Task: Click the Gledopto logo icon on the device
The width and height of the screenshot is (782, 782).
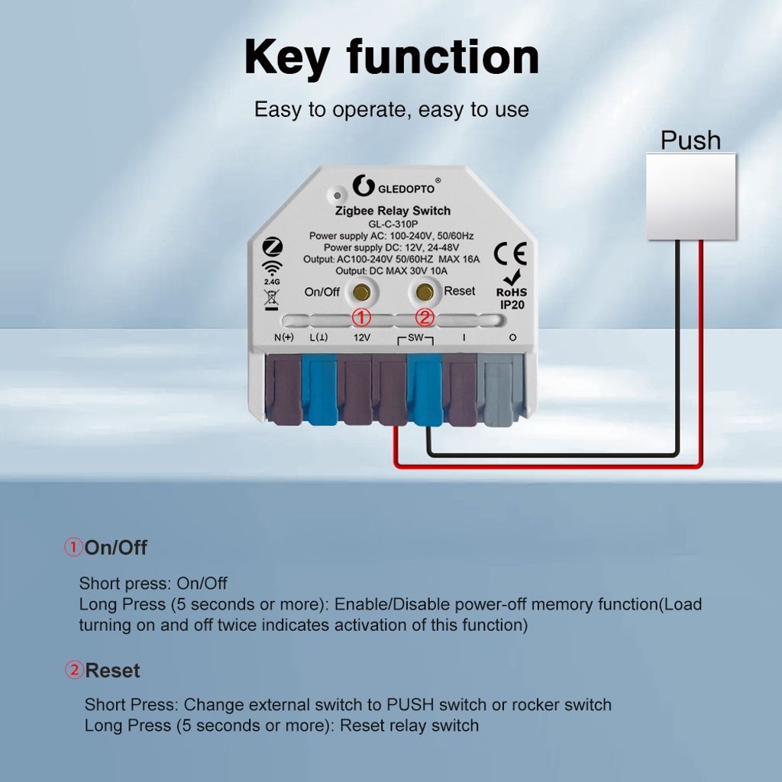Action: point(363,186)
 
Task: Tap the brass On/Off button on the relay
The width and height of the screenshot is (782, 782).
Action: point(361,292)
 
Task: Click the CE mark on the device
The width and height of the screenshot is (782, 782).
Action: point(510,254)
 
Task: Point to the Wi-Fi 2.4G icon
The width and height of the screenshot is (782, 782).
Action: point(272,273)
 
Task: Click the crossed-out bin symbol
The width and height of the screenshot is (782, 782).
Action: point(272,299)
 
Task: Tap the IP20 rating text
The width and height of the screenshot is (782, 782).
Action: point(512,305)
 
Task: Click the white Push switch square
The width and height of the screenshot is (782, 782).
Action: point(690,196)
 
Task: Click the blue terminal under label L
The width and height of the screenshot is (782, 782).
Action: point(319,389)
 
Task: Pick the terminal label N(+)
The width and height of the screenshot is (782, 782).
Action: point(284,338)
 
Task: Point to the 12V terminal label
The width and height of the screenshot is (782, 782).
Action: point(361,338)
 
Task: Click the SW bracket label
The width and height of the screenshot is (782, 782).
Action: point(415,338)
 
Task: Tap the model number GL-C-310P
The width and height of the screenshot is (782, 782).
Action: point(393,224)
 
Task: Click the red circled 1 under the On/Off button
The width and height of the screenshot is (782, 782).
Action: point(361,317)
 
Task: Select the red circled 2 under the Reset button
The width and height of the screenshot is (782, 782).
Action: point(425,317)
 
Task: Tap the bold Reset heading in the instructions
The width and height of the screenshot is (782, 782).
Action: point(112,671)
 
